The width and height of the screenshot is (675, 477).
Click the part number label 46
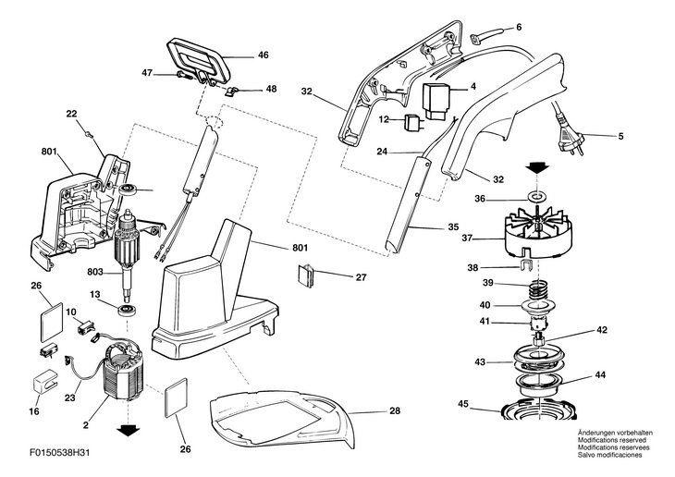point(263,55)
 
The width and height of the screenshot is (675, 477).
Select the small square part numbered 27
point(308,275)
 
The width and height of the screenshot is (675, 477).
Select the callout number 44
point(600,375)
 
